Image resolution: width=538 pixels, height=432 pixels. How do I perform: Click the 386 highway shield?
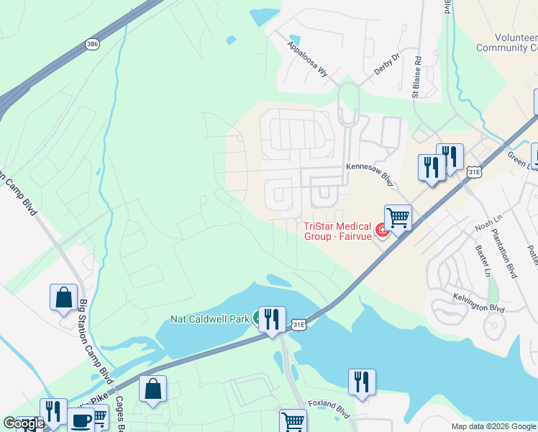[x=92, y=44]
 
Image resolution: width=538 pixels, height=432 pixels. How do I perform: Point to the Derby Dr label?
[x=386, y=64]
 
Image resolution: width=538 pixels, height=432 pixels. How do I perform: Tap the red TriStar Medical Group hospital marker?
[x=383, y=230]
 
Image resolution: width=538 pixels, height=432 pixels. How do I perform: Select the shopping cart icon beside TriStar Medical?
[x=397, y=217]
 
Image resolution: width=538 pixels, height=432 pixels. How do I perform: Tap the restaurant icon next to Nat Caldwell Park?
[x=272, y=319]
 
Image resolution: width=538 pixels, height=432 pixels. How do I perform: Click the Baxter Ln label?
[x=482, y=261]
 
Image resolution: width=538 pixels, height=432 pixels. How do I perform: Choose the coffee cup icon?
[x=81, y=420]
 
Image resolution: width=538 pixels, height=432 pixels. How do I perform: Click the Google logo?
[x=24, y=423]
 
